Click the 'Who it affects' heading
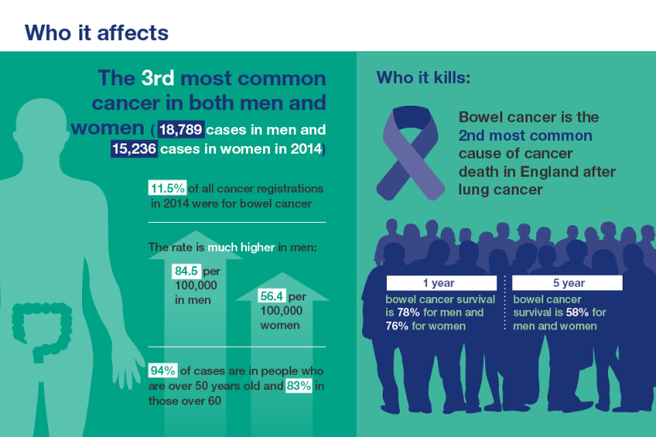tap(97, 32)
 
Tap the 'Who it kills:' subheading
tap(423, 78)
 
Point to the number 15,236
tap(137, 149)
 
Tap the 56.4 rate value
tap(272, 296)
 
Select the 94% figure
tap(162, 370)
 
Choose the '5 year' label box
tap(567, 283)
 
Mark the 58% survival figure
tap(577, 312)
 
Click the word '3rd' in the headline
tap(158, 79)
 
